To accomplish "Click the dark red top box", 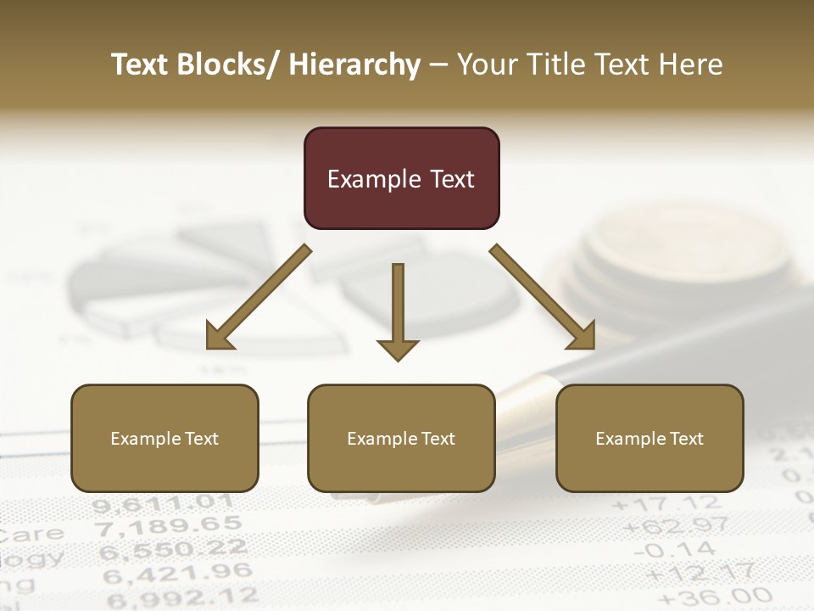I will pos(401,178).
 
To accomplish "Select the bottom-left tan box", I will pos(164,438).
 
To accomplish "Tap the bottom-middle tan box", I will pos(401,438).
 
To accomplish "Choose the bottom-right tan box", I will pos(650,438).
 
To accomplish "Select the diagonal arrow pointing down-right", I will pos(544,297).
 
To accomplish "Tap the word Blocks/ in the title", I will pos(225,64).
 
